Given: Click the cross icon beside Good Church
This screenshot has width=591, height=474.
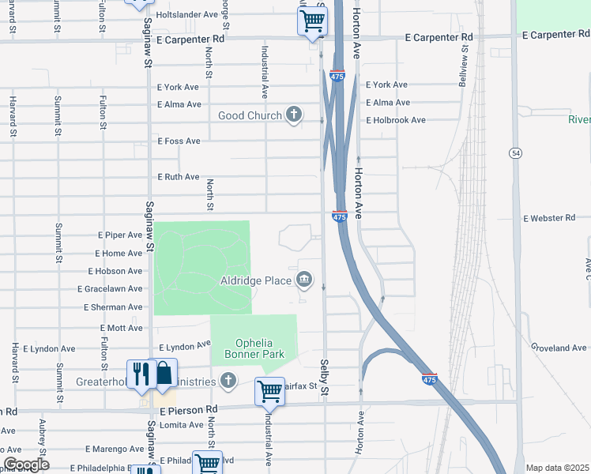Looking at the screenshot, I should (x=294, y=115).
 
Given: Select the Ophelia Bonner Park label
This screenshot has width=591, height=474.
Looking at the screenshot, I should (x=253, y=349).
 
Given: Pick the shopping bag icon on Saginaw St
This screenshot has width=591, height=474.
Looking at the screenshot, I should (x=164, y=373).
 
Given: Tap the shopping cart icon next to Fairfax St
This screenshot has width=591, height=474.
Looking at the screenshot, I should (x=269, y=390).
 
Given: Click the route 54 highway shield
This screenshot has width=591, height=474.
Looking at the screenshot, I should (x=515, y=152).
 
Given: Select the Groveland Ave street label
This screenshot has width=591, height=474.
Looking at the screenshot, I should (x=559, y=348).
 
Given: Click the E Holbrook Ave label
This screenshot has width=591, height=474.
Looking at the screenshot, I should (x=395, y=120).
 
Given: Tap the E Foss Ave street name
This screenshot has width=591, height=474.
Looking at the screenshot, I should (x=179, y=141).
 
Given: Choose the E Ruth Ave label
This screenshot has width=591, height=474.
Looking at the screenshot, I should (x=179, y=177).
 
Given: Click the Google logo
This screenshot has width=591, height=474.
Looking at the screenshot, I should (x=25, y=465).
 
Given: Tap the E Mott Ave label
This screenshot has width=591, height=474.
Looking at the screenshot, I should (x=122, y=327).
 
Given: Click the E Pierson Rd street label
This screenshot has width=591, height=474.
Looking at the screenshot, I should (x=188, y=410).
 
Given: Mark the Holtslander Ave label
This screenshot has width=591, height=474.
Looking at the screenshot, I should (x=186, y=14).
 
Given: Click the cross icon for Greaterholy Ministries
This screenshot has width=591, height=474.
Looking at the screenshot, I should (x=228, y=382).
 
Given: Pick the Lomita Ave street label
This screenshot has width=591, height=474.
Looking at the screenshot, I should (x=180, y=425).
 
